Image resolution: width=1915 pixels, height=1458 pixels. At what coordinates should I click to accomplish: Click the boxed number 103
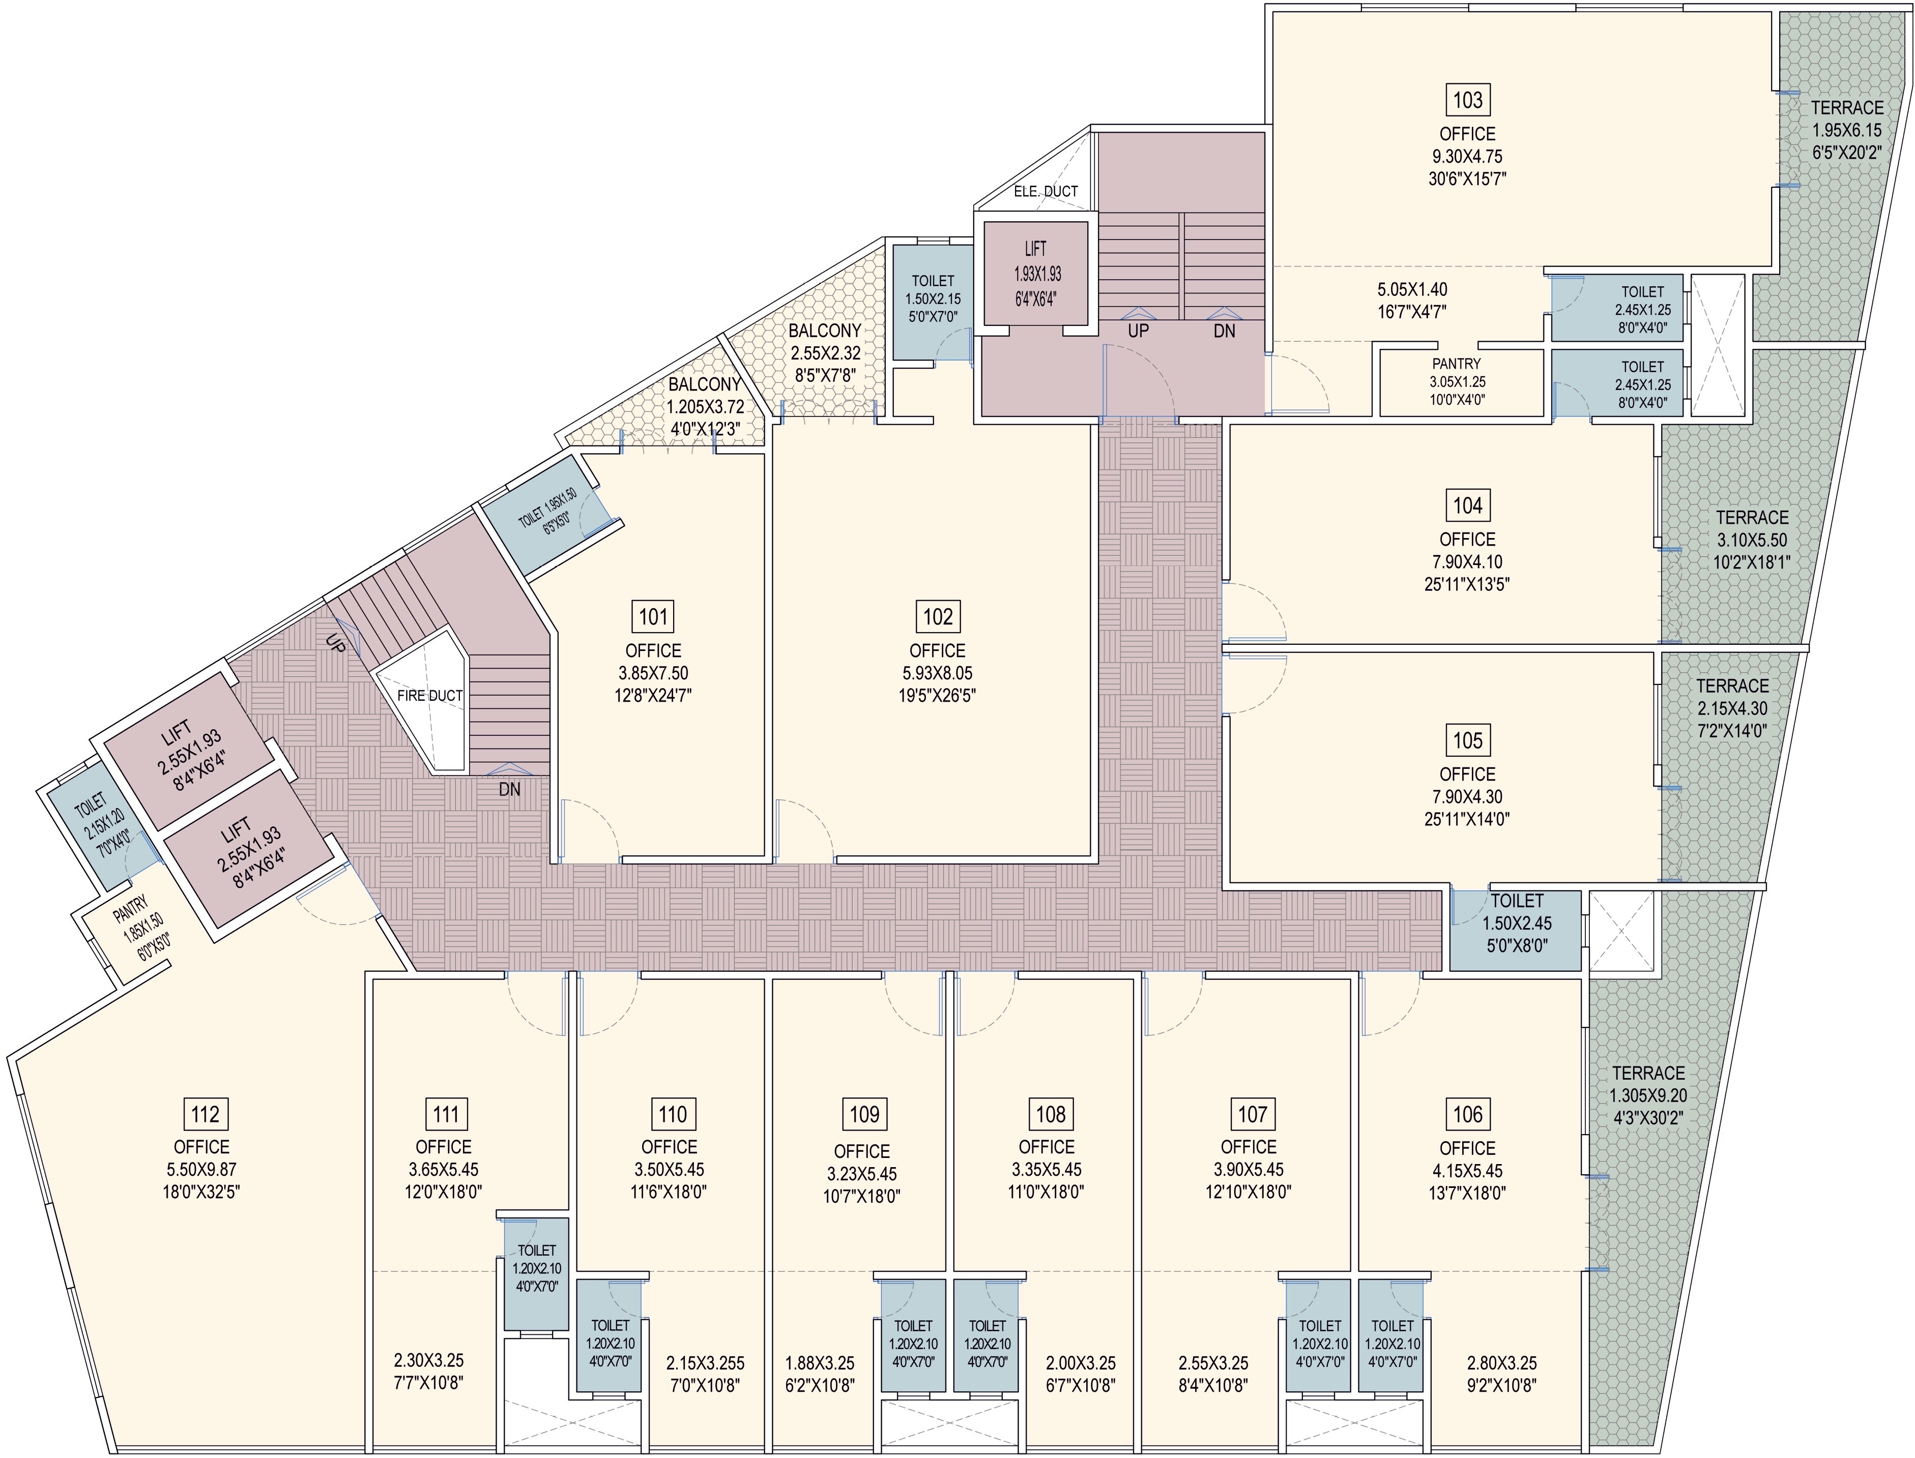coord(1467,100)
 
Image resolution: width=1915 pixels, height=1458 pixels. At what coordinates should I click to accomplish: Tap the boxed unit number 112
coord(205,1114)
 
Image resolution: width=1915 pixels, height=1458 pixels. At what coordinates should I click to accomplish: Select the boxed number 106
coord(1467,1114)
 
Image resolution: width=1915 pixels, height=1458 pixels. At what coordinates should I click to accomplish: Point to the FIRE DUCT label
coord(430,695)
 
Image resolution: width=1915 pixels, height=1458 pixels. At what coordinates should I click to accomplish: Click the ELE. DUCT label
coord(1045,191)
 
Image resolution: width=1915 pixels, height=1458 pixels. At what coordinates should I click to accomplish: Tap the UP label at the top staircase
coord(1138,331)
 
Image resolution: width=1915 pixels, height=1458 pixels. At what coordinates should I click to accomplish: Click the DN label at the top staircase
coord(1224,331)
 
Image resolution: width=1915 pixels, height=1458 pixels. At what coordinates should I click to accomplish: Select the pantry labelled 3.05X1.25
coord(1456,382)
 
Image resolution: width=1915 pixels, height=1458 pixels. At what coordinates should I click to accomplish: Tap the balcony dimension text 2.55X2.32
coord(825,353)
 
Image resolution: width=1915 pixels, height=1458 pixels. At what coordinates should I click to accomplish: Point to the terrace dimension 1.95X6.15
coord(1846,130)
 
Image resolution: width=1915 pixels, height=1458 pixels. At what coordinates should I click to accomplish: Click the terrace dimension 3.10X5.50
coord(1752,540)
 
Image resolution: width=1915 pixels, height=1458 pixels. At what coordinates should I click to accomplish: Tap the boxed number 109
coord(864,1114)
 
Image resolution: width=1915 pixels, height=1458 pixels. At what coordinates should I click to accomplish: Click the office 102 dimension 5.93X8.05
coord(938,673)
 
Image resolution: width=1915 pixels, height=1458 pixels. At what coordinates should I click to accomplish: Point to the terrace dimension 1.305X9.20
coord(1647,1095)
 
